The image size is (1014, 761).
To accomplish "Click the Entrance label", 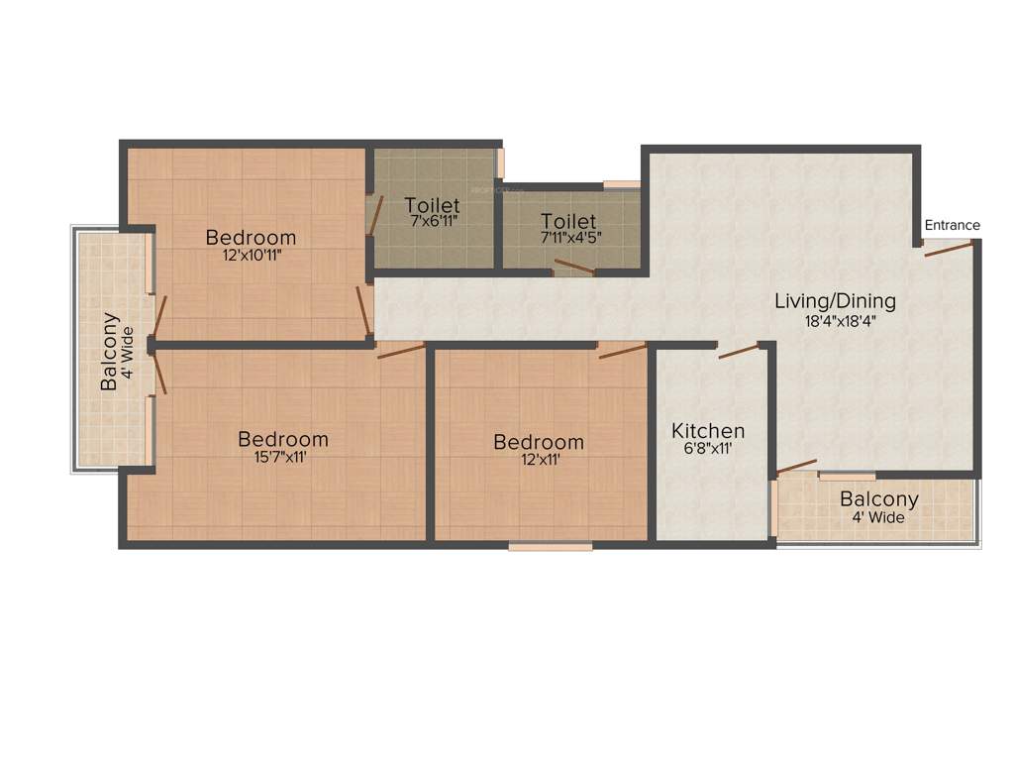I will (952, 225).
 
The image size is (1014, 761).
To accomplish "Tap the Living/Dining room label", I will (835, 301).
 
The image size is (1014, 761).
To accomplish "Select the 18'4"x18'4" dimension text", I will (840, 321).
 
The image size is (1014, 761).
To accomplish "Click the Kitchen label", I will (708, 431).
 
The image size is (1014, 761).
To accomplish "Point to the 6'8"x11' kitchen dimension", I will (708, 449).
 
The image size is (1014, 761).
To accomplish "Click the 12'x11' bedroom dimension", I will (539, 459).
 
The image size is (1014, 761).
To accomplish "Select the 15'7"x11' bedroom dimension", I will (283, 457).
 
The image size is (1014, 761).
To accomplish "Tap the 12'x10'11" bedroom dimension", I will (251, 255).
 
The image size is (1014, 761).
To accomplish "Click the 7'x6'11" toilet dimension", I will (432, 222).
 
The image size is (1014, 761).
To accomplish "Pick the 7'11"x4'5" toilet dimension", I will (568, 238).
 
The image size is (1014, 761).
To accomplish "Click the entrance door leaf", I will (948, 249).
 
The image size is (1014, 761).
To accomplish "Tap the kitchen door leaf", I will (739, 350).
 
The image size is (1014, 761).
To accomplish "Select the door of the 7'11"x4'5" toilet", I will (574, 266).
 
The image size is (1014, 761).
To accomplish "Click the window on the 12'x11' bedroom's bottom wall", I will (551, 545).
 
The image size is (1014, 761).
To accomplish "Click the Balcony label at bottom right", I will (878, 499).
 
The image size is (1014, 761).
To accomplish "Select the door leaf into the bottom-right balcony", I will (796, 466).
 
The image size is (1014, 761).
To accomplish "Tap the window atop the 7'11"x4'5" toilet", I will (622, 184).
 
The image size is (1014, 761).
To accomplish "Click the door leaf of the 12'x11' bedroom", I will (621, 351).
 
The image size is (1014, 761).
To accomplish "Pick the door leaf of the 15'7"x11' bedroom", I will (400, 351).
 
